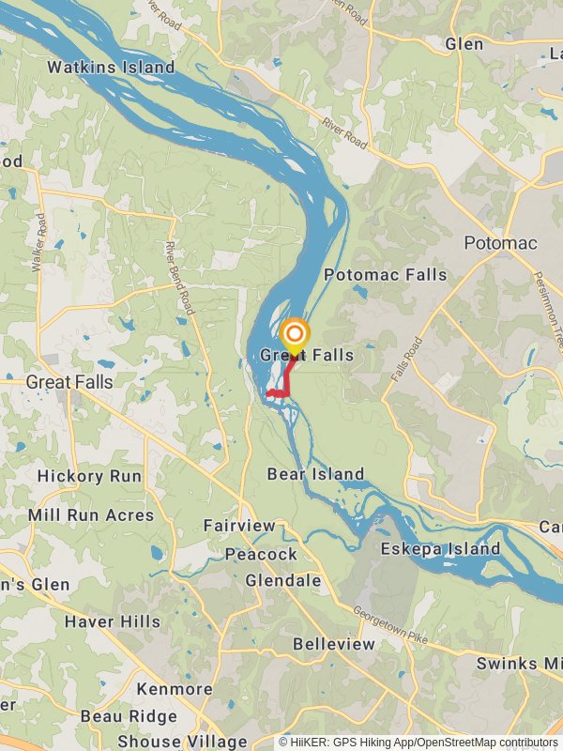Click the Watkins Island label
point(111,68)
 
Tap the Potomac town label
point(501,243)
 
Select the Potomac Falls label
point(385,275)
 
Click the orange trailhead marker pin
point(295,336)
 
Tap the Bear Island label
point(315,474)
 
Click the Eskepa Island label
point(440,549)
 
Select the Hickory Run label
point(89,476)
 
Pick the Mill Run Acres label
point(90,515)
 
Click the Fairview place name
point(239,527)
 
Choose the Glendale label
point(283,581)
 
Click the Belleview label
point(333,644)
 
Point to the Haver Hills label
point(112,621)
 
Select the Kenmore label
point(175,689)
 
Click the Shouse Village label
point(182,742)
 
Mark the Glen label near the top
point(464,44)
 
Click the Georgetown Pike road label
point(390,626)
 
